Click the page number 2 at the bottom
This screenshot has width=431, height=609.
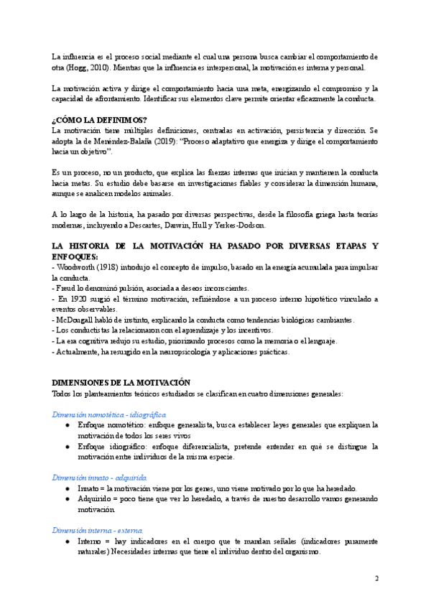point(377,578)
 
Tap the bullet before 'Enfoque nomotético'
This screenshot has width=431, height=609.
point(68,425)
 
